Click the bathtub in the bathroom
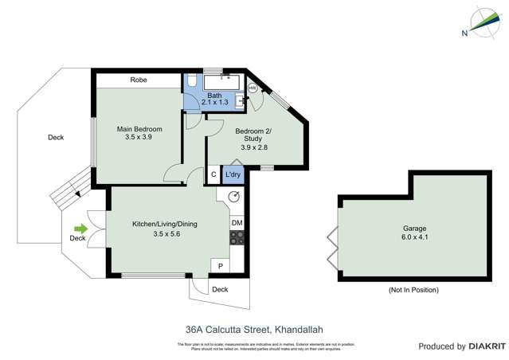[x=224, y=81]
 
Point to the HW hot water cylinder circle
[x=253, y=88]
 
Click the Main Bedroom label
[x=139, y=129]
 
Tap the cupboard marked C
[x=213, y=175]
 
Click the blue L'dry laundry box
[x=233, y=175]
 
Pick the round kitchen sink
[x=235, y=198]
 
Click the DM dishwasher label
[x=237, y=224]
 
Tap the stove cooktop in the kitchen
[x=237, y=239]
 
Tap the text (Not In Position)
[x=413, y=290]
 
